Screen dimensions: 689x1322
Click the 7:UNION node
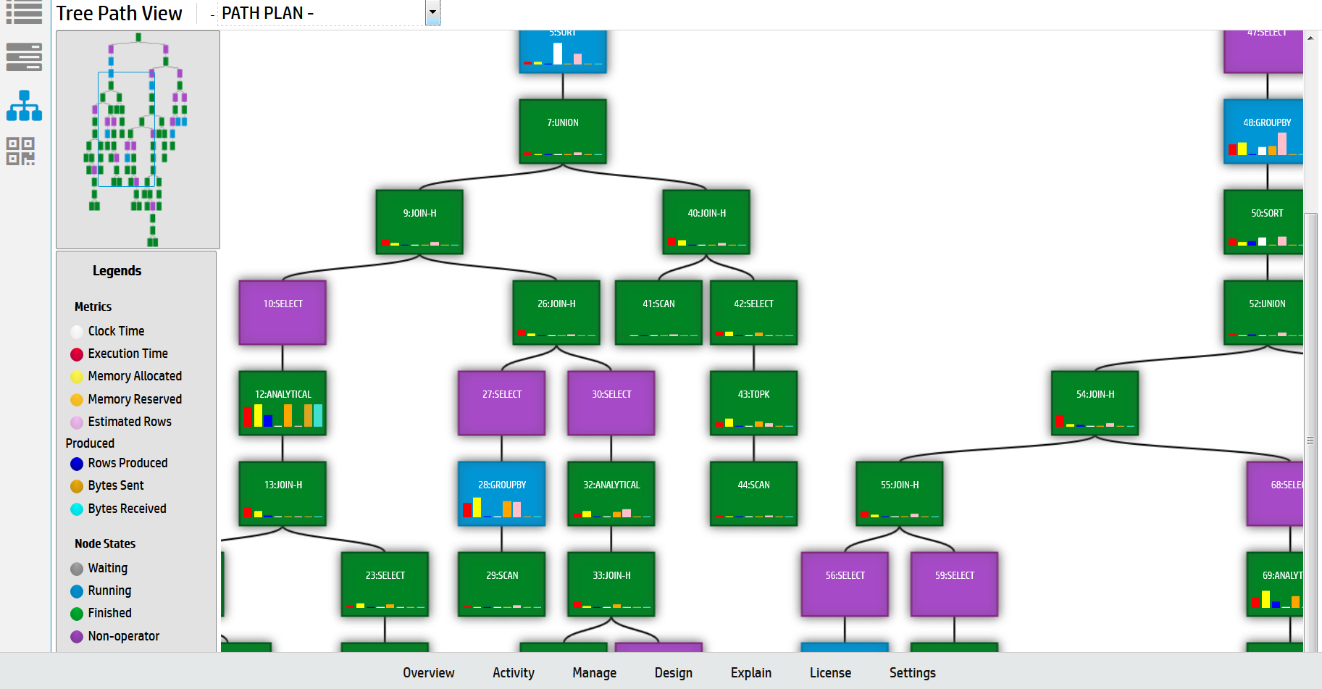[562, 131]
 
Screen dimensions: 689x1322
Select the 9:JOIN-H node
[419, 222]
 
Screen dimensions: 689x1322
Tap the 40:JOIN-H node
[706, 222]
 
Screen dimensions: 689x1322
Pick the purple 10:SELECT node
[283, 312]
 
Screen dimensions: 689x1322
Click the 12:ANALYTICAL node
[283, 403]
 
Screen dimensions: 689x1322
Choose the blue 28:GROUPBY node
[501, 493]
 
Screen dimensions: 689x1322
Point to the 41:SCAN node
[658, 312]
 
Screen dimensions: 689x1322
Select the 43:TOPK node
[753, 403]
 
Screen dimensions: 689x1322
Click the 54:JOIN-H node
[1095, 403]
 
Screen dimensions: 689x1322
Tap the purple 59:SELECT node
[954, 584]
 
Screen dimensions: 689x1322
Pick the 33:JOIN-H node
[611, 584]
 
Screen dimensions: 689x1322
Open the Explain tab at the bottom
[750, 673]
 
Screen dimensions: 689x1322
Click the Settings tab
[912, 673]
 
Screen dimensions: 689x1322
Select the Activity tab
[513, 673]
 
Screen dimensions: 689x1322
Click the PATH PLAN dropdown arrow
[432, 12]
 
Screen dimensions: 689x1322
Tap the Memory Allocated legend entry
[134, 376]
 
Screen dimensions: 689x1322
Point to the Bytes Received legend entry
[127, 509]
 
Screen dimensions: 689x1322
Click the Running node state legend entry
[109, 590]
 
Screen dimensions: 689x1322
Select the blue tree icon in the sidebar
[24, 106]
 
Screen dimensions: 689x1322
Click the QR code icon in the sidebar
[20, 151]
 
